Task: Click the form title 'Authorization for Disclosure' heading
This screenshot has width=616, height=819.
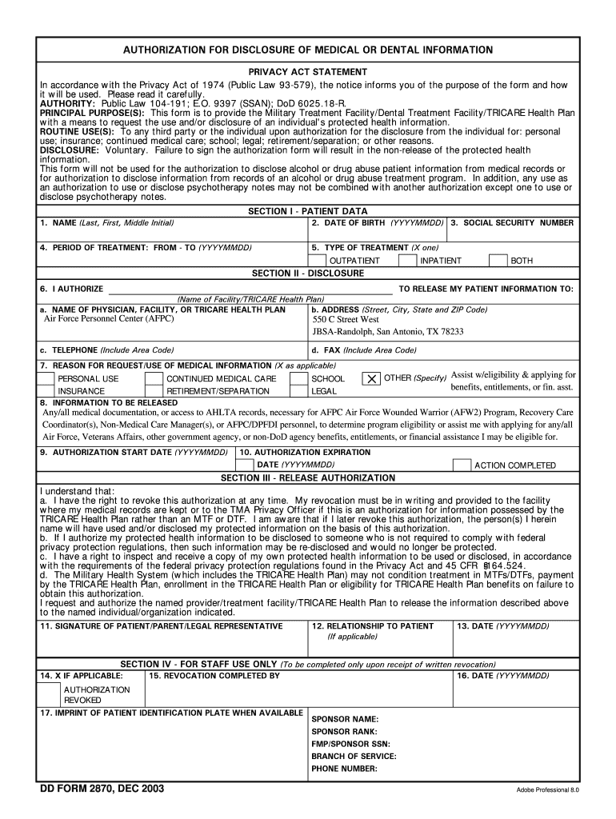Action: (308, 50)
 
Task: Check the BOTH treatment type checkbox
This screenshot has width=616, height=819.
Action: (498, 261)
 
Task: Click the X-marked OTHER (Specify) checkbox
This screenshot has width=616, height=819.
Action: (372, 378)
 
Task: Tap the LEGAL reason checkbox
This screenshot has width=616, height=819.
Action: (298, 391)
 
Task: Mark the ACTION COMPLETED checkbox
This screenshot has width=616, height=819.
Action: (462, 465)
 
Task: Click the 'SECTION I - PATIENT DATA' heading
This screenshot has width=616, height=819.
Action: (308, 211)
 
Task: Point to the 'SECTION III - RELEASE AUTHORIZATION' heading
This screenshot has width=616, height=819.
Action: (308, 477)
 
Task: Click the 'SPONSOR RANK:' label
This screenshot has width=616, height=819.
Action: (344, 731)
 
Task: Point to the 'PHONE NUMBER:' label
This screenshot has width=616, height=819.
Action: (345, 768)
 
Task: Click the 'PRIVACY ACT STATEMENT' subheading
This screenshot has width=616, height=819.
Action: (308, 72)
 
